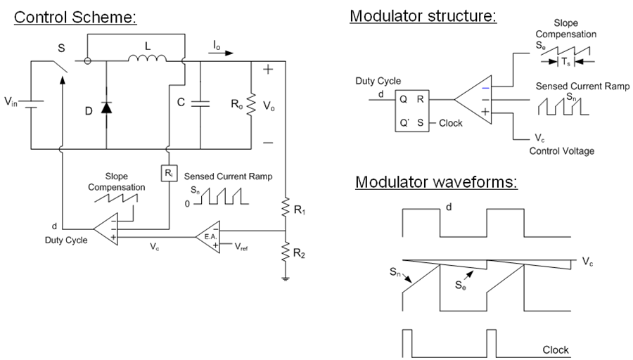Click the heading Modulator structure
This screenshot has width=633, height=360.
pos(423,15)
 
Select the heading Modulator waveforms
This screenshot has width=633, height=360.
pos(436,183)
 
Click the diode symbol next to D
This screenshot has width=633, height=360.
pos(106,108)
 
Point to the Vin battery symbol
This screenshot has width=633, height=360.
pos(32,104)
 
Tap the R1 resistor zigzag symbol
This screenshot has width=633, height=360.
pos(286,209)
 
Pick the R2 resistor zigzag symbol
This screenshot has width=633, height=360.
pos(286,251)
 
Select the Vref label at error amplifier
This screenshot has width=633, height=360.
pos(241,247)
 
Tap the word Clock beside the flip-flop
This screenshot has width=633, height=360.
pos(450,123)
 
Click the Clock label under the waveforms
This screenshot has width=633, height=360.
pos(556,349)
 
